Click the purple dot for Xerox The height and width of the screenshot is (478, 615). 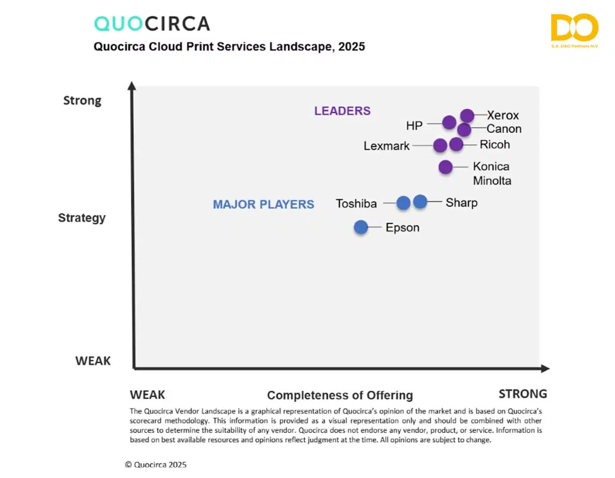click(467, 116)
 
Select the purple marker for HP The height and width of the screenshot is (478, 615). click(449, 122)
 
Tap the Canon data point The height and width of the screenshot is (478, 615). click(464, 129)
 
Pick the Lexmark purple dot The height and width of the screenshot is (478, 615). click(440, 145)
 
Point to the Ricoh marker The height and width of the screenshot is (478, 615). click(456, 144)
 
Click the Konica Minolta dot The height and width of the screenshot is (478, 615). click(445, 167)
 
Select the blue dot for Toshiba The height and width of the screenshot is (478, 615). click(403, 202)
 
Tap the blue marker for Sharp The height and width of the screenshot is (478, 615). click(420, 201)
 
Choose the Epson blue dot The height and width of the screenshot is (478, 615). click(361, 227)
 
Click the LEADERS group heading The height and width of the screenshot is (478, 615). click(342, 111)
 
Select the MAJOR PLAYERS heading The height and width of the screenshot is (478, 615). click(263, 204)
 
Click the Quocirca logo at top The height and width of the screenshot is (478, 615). click(152, 23)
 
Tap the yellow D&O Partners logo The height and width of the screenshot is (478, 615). click(574, 29)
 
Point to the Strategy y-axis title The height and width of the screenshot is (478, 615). click(82, 218)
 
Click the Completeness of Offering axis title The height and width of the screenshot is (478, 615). click(340, 395)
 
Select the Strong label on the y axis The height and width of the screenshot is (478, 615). click(82, 100)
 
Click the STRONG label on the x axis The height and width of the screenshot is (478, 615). click(523, 394)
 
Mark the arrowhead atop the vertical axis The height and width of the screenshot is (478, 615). click(132, 86)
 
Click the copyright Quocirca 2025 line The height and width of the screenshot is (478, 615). click(156, 464)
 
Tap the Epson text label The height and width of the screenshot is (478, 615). click(402, 227)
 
